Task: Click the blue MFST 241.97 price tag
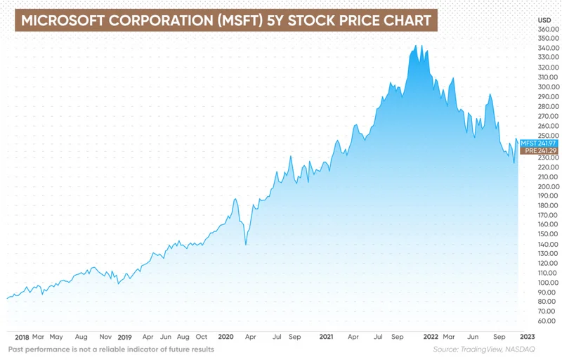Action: [x=538, y=143]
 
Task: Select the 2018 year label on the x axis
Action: [x=21, y=337]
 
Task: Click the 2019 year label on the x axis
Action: [x=126, y=337]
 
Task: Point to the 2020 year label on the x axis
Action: [x=226, y=337]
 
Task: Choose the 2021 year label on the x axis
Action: [x=326, y=337]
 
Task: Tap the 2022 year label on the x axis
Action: [x=430, y=337]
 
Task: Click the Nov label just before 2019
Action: [x=105, y=337]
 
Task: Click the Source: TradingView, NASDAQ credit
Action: [x=492, y=349]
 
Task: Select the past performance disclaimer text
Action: [x=111, y=349]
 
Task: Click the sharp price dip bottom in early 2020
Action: [x=245, y=244]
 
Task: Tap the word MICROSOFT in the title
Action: [x=62, y=20]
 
